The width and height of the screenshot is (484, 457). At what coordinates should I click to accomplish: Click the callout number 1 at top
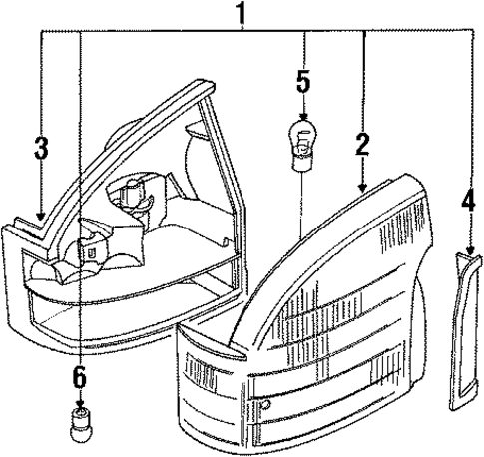242,13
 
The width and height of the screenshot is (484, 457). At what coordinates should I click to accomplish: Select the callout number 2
362,145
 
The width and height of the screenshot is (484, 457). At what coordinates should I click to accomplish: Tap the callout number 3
41,148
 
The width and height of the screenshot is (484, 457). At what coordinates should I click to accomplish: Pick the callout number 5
303,81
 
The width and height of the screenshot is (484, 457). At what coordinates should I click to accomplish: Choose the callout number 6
80,378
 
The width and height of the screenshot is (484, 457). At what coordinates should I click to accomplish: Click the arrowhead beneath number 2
363,188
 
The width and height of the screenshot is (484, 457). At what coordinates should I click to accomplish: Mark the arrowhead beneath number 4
470,250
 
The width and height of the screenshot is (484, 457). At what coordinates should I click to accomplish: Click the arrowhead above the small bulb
80,404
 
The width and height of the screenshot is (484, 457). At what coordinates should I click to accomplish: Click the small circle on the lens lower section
266,405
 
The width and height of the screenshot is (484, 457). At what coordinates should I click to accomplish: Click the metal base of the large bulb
302,162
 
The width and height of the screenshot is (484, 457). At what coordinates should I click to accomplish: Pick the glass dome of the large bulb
302,136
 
